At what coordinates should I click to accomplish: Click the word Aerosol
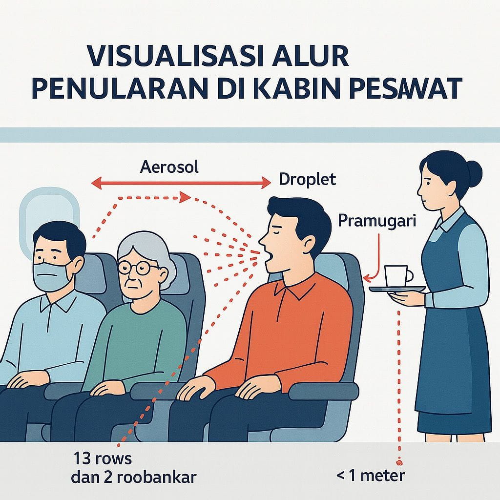pos(169,167)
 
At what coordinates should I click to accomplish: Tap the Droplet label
pos(308,179)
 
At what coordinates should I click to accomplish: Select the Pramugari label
pos(377,221)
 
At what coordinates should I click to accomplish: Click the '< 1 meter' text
pos(371,476)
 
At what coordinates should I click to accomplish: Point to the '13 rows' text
pos(103,459)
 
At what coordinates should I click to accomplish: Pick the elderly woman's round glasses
pos(137,268)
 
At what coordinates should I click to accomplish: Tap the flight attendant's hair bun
pos(473,173)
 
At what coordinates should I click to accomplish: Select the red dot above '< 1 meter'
pos(399,462)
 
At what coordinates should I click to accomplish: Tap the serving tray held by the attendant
pos(397,289)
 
